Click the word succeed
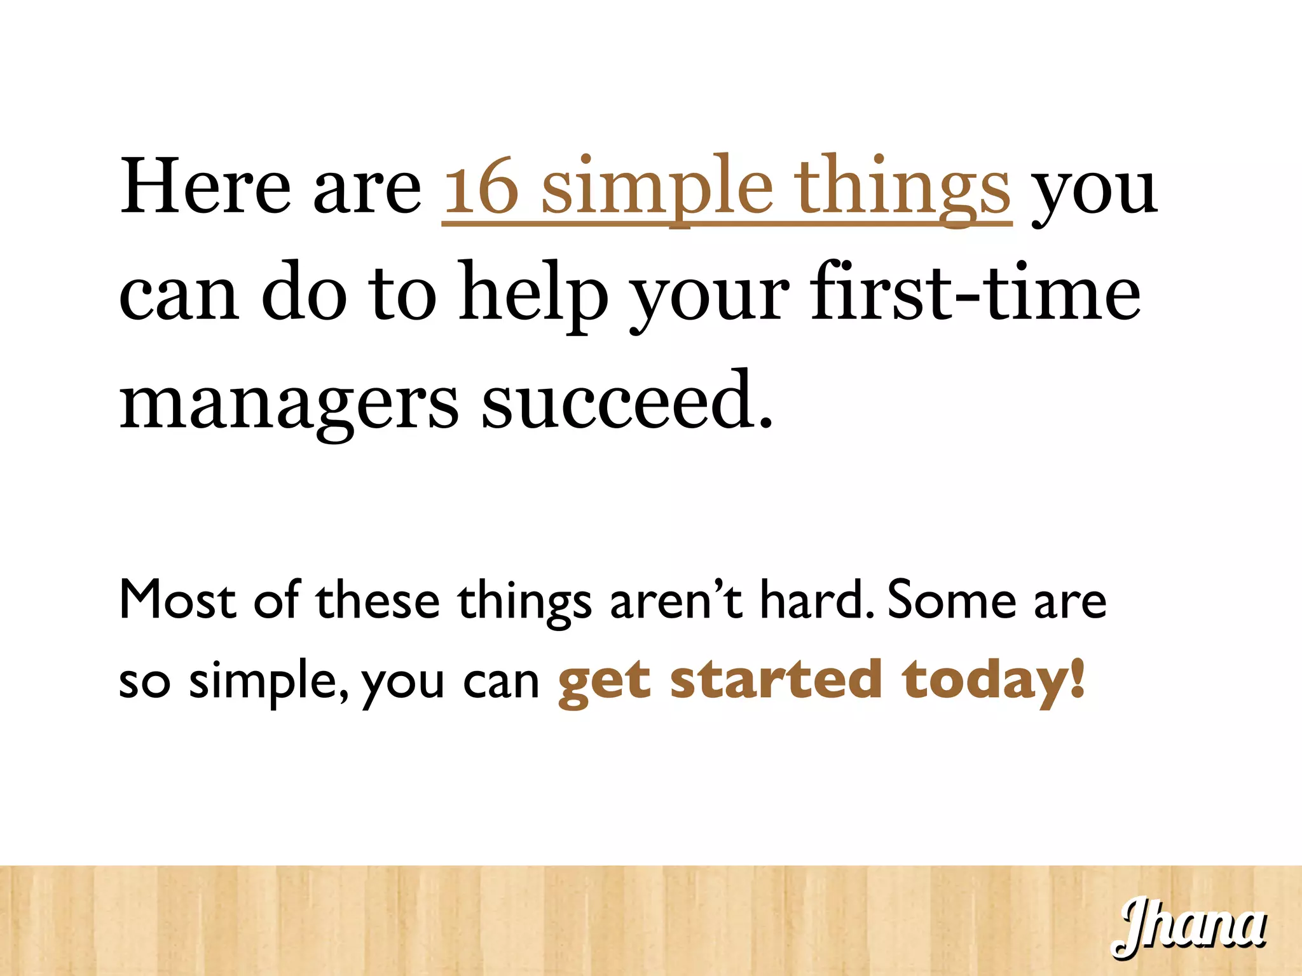tap(626, 400)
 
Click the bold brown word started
tap(776, 679)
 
